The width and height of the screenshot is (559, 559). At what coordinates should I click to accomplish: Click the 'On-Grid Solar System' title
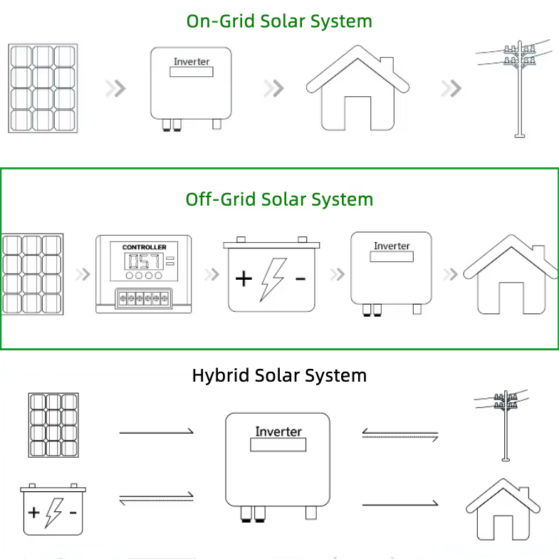pos(279,21)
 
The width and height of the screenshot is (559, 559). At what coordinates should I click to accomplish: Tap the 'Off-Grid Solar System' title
pos(279,199)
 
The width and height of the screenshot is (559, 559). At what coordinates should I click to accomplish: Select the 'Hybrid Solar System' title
pos(279,375)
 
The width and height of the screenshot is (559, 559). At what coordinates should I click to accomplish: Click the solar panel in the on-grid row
pos(43,88)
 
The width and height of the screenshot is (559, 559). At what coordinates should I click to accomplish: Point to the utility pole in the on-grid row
pos(520,89)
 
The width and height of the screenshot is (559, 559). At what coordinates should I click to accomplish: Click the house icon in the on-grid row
pos(357,88)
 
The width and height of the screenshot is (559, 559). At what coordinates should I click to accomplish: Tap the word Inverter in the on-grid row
pos(192,62)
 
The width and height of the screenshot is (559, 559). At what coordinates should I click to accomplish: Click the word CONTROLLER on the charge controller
pos(144,247)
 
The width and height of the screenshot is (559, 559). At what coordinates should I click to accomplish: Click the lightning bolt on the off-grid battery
pos(273,280)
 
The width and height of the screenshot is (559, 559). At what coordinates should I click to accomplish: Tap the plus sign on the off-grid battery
pos(244,278)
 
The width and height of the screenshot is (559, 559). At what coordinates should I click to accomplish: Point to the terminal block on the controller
pos(144,298)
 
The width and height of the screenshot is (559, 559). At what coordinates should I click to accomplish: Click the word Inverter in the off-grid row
pos(392,246)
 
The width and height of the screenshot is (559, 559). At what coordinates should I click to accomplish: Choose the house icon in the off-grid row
pos(511,274)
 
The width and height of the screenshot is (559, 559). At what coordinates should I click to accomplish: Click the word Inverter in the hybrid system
pos(278,432)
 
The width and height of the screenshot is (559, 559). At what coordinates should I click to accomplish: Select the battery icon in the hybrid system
pos(53,509)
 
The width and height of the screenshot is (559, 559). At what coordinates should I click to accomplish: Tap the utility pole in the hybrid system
pos(505,426)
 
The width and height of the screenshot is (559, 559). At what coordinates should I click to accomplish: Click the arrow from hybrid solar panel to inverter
pos(156,432)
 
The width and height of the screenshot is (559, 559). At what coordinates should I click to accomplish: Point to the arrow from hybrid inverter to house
pos(400,504)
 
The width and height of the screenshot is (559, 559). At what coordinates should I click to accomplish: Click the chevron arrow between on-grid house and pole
pos(451,88)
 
